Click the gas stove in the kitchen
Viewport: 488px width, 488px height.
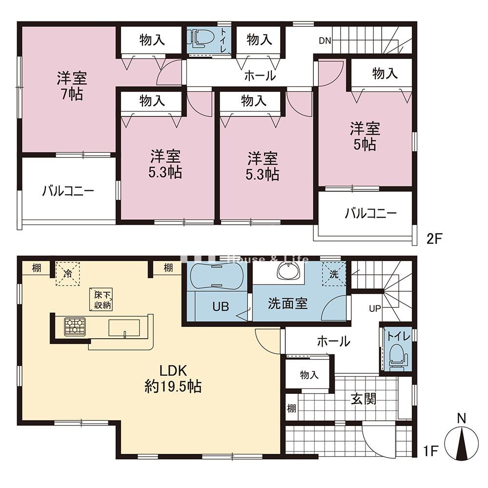pos(75,326)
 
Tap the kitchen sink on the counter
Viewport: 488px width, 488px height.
pos(124,328)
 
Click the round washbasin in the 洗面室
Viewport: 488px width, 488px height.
pos(289,271)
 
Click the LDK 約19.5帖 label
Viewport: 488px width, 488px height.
pos(173,379)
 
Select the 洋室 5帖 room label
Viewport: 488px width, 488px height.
pos(365,136)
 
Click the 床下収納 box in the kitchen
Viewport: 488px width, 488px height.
pos(102,300)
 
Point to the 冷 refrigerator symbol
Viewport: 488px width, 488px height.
pos(67,274)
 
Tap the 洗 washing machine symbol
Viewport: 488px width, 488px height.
pos(334,274)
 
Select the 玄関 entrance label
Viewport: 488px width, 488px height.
pos(364,399)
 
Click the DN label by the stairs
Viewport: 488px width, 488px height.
pos(325,41)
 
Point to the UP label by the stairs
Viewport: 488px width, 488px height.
pos(375,308)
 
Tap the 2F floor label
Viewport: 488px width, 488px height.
pos(434,239)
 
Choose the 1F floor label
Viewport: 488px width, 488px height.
pos(430,450)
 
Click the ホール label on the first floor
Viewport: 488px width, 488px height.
pos(333,341)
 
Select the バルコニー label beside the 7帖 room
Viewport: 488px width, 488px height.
pos(68,191)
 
